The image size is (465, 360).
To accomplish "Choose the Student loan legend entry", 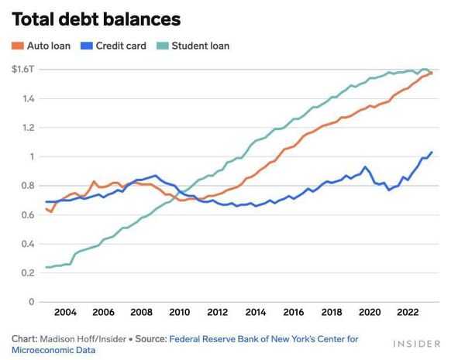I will (x=195, y=46).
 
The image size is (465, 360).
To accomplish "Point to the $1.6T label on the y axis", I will (x=23, y=70).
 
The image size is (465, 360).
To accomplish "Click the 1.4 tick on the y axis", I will (x=28, y=99).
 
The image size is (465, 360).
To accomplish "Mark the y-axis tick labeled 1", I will (x=32, y=157).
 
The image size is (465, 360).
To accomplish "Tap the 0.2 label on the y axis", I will (x=28, y=273).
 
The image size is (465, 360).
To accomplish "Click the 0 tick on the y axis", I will (x=32, y=302).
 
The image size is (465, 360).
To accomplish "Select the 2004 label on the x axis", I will (x=65, y=313).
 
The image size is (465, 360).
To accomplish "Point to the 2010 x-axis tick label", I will (x=179, y=313).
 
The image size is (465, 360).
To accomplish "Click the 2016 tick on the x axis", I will (x=294, y=313).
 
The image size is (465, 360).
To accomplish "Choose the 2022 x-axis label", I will (x=408, y=313).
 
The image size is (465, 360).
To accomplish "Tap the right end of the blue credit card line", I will (x=432, y=152).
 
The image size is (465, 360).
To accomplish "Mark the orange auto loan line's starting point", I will (x=46, y=207).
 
